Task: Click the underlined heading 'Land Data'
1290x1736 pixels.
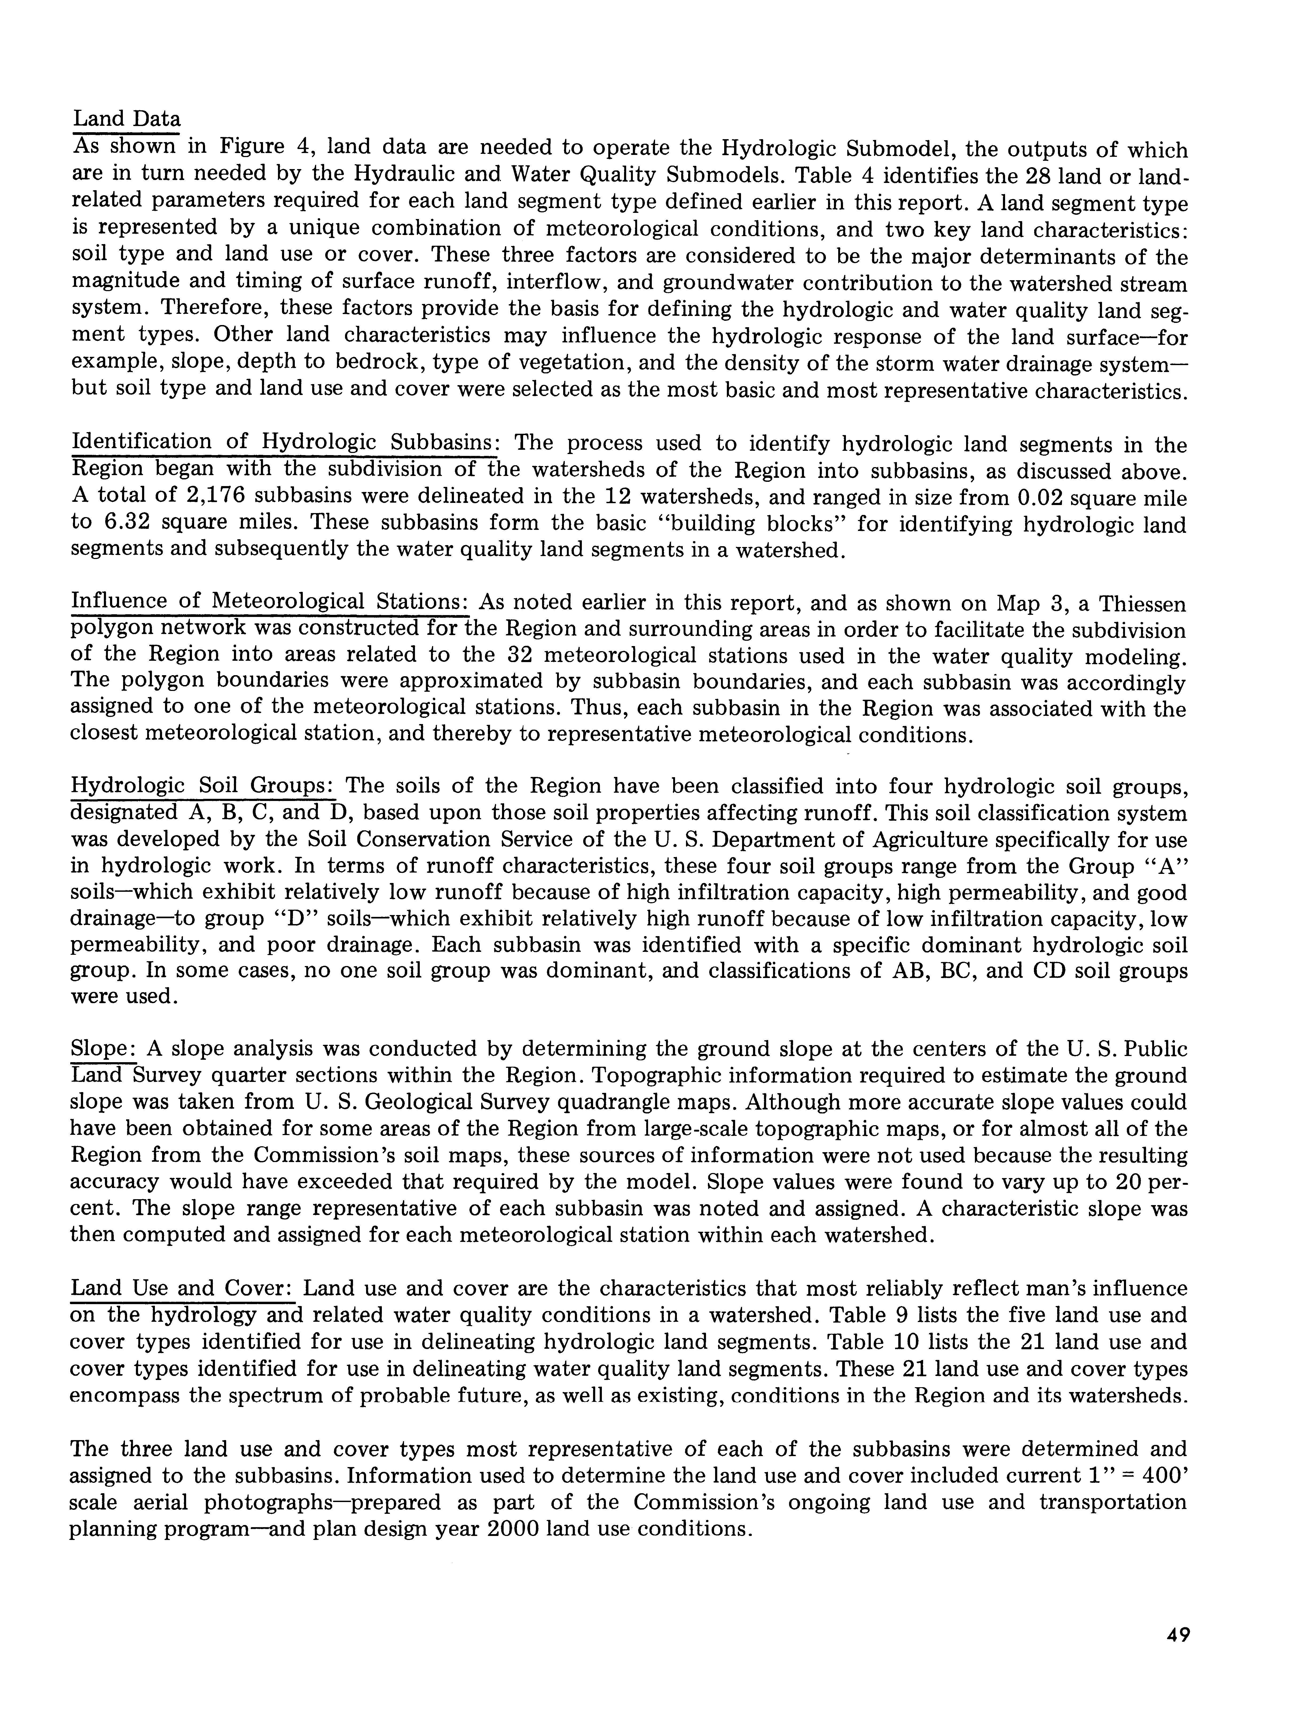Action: pos(127,119)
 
